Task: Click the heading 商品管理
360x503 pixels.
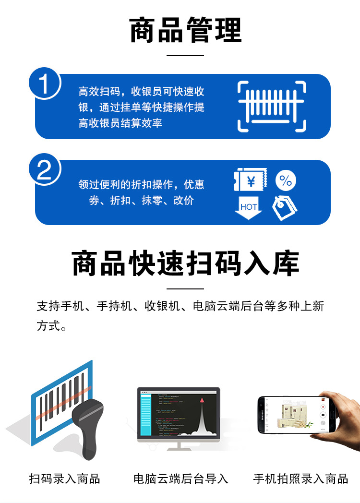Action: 185,30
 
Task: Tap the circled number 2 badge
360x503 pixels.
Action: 44,170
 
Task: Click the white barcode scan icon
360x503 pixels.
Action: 272,106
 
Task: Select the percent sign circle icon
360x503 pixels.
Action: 286,181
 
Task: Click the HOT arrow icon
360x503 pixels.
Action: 249,207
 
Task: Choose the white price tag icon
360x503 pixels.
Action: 285,207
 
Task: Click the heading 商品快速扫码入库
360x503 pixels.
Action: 185,263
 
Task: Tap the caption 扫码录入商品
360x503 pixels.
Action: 65,479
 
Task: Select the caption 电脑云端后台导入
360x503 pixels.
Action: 180,479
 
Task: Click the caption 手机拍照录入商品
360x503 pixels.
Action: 300,479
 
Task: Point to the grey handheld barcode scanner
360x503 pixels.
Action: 89,427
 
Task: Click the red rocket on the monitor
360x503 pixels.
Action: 202,399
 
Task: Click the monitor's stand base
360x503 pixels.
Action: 179,448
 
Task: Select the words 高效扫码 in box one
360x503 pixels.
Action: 95,91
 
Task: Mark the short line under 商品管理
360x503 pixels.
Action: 185,56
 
